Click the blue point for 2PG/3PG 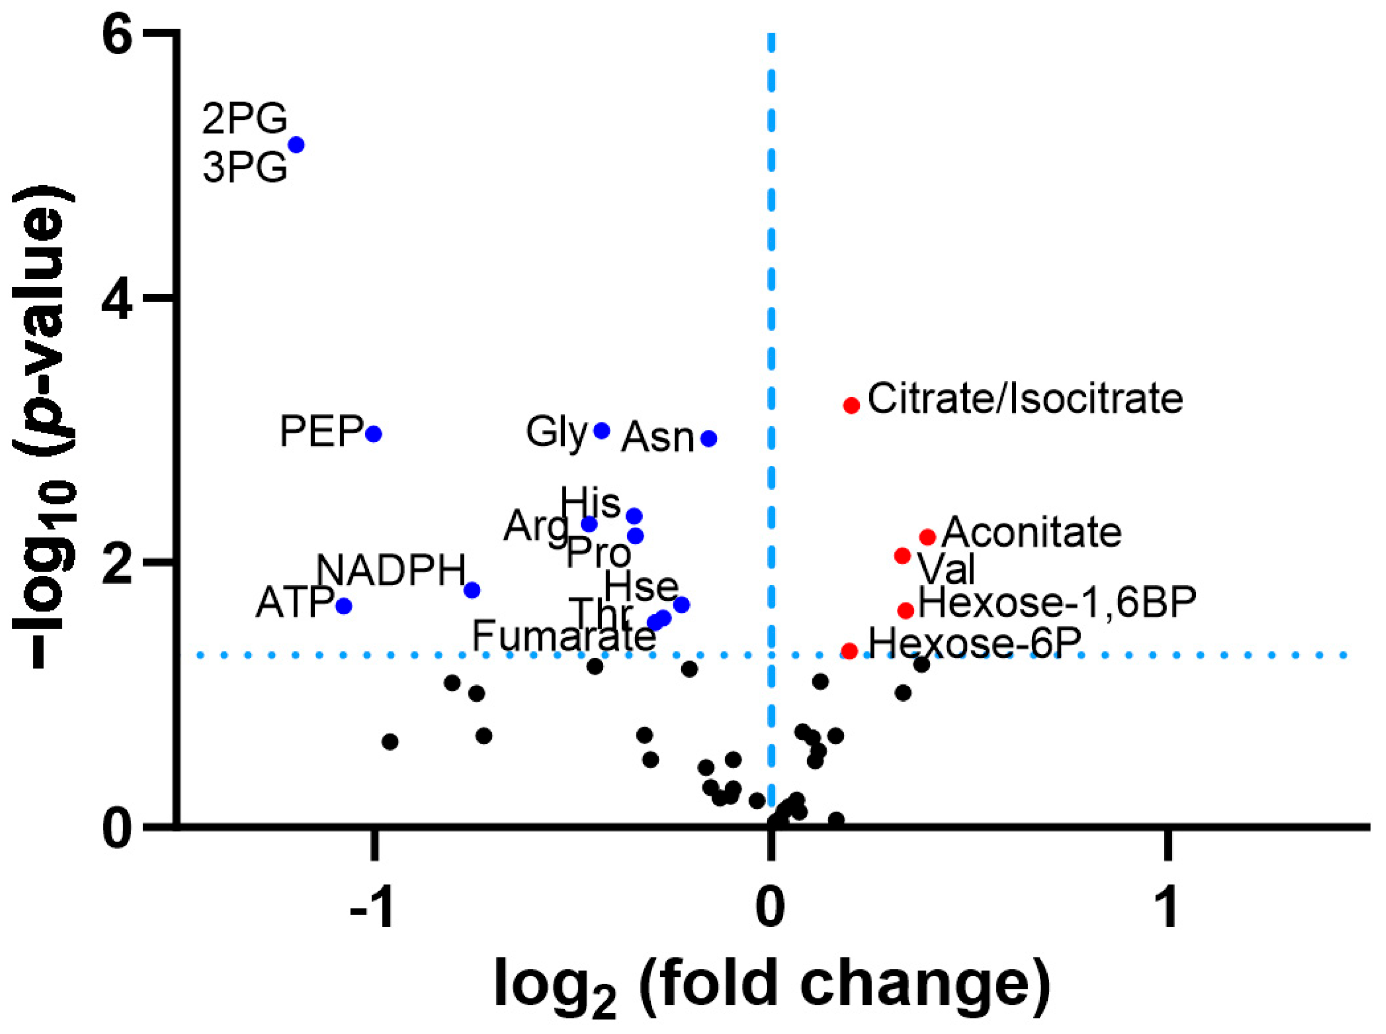(x=296, y=145)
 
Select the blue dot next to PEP (x=374, y=434)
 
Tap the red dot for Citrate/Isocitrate (x=851, y=405)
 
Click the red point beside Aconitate (x=927, y=536)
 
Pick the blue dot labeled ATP (x=343, y=606)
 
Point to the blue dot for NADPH (x=473, y=589)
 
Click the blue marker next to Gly (x=601, y=430)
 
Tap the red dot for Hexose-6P (x=849, y=651)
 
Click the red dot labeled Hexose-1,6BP (x=905, y=610)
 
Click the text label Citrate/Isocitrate (x=1025, y=399)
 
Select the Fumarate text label (x=563, y=636)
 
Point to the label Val (x=946, y=570)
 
